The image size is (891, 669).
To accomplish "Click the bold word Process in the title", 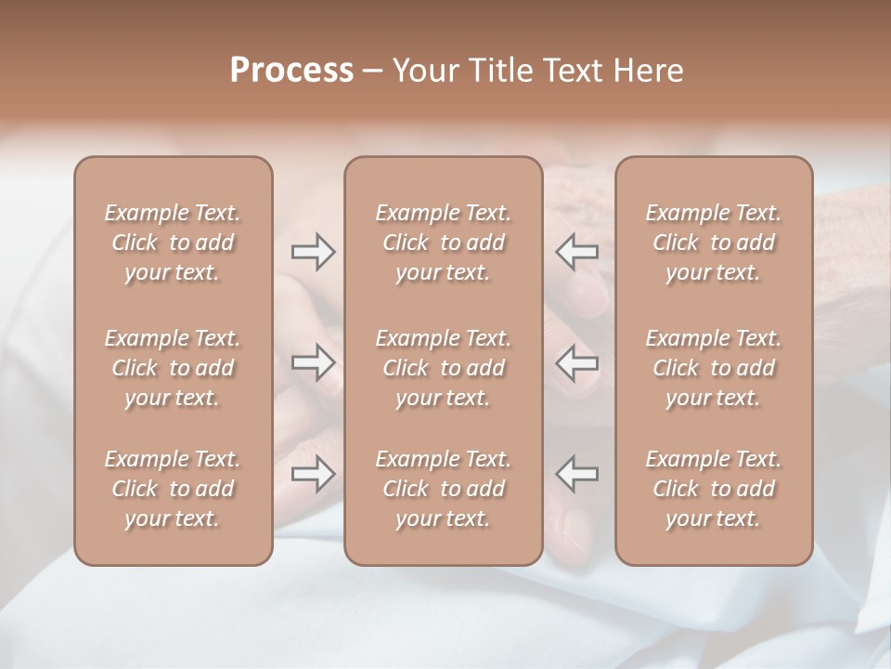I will coord(291,71).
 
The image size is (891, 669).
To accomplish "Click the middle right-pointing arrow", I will coord(314,362).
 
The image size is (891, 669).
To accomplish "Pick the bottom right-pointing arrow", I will coord(314,474).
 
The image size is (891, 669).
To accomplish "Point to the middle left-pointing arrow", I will coord(577,362).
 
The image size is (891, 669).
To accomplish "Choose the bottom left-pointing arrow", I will coord(577,474).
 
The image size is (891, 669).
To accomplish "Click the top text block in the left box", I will coord(173,243).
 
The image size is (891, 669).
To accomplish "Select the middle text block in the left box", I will coord(173,368).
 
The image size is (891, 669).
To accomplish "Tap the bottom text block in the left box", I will coord(173,489).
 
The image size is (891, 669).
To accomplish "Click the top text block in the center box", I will coord(444,243).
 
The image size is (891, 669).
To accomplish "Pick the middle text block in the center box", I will coord(444,368).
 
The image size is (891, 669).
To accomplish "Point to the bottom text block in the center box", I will coord(444,489).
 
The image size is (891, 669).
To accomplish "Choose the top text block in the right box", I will coord(714,243).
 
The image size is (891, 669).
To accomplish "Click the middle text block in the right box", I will coord(714,368).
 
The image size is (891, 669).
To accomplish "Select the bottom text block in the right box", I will coord(714,489).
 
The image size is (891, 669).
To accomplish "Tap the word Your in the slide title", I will coord(422,71).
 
